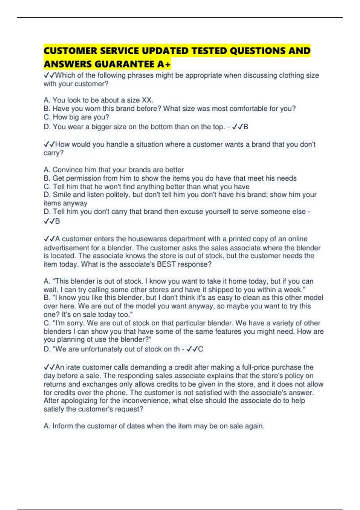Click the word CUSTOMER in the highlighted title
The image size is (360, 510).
pyautogui.click(x=70, y=51)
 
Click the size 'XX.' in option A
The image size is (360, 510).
pyautogui.click(x=147, y=100)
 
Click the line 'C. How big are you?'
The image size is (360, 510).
pyautogui.click(x=76, y=117)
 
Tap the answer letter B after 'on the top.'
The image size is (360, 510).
pyautogui.click(x=246, y=127)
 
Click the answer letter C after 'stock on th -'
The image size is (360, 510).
pyautogui.click(x=201, y=349)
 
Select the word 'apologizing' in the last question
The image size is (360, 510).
pyautogui.click(x=79, y=401)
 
